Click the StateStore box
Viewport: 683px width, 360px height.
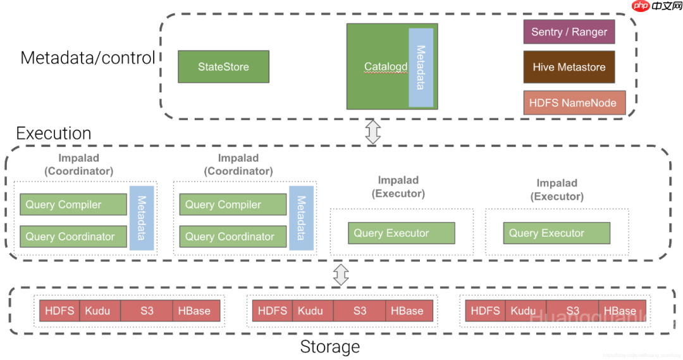pos(223,67)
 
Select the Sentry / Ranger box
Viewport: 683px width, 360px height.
pos(569,32)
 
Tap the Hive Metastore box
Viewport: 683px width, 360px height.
pos(569,67)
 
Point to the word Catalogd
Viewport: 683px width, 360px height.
pos(385,67)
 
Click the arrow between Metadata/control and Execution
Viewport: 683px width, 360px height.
pos(373,131)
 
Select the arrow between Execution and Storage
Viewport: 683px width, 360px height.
pos(341,274)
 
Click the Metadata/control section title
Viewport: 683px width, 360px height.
pos(87,58)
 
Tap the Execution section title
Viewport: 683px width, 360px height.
pos(54,133)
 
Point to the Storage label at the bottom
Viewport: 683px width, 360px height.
pos(329,347)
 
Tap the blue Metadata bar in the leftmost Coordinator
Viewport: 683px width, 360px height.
pos(142,218)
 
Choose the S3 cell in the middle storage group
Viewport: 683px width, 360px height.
pos(359,311)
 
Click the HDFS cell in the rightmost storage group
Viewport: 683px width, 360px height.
pos(486,311)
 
